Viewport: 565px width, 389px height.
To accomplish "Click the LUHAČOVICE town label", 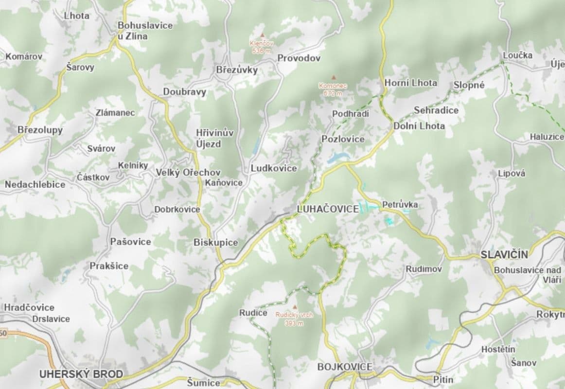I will tap(327, 210).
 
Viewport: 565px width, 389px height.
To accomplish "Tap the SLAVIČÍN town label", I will tap(504, 254).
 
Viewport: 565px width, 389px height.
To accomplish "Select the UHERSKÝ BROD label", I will tap(81, 374).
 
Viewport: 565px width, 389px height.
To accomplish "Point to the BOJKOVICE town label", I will tap(345, 366).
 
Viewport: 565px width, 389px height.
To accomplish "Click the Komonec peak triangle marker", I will tap(334, 77).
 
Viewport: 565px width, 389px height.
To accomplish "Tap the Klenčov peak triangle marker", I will tap(262, 35).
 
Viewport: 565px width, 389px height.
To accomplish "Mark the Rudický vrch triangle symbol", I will tap(294, 307).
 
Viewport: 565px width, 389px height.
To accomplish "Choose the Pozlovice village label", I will tap(343, 139).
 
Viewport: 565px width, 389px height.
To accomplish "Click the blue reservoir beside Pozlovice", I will tap(337, 157).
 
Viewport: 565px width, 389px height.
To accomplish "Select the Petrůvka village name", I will tap(400, 204).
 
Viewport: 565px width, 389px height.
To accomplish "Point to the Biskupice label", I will tap(216, 242).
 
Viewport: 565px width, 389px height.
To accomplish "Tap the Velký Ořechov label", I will tap(188, 172).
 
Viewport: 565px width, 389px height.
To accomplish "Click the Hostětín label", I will tap(498, 349).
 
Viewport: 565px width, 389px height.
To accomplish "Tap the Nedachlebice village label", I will tap(35, 184).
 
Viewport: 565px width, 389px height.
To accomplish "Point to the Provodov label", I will tap(299, 58).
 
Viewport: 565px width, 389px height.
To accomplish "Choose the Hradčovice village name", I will tap(29, 307).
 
